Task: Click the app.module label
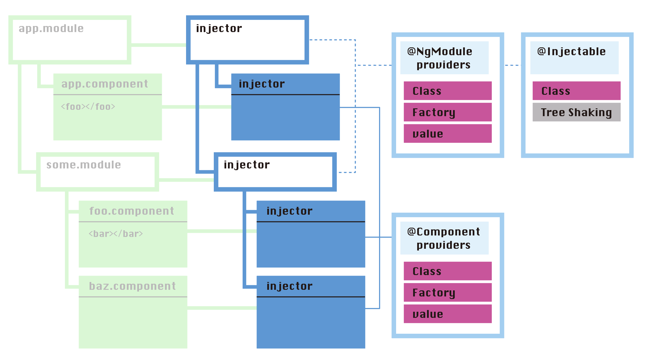point(51,29)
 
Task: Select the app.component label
point(105,84)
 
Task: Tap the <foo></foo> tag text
point(88,107)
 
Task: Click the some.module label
point(83,165)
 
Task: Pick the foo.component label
point(131,211)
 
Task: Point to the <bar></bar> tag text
point(116,234)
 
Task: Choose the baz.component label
point(132,286)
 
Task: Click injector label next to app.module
point(219,29)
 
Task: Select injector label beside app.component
point(262,84)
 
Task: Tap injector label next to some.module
point(247,165)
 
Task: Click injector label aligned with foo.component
point(289,211)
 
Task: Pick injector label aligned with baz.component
point(289,286)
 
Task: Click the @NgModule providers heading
point(444,58)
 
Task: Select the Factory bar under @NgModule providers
point(448,112)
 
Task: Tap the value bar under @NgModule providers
point(448,133)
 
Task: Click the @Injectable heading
point(571,52)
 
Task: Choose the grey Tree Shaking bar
point(576,112)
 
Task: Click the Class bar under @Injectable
point(576,91)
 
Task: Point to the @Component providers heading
point(444,238)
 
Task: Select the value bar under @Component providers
point(448,314)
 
